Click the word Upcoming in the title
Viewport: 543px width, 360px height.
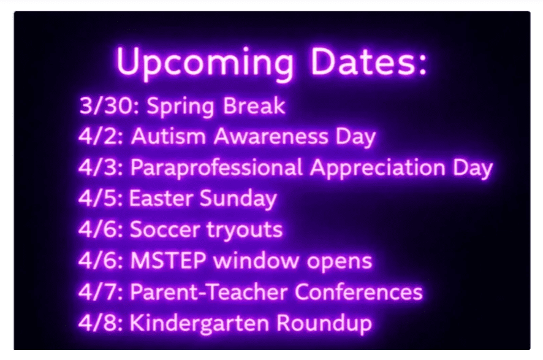click(205, 63)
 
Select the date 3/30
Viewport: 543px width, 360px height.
click(106, 105)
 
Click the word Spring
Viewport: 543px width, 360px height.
click(180, 107)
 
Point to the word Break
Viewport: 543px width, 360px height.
click(254, 105)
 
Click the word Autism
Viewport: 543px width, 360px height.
click(169, 136)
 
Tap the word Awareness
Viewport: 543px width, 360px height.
click(271, 136)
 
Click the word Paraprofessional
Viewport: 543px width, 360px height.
click(216, 169)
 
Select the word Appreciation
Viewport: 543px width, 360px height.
click(378, 169)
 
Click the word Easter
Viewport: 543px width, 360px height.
click(161, 198)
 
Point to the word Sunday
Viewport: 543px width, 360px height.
click(238, 199)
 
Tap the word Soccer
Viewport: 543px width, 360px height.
click(165, 229)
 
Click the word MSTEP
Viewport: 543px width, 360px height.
click(169, 261)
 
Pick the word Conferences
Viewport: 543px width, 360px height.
click(359, 292)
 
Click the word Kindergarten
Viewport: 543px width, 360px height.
click(199, 324)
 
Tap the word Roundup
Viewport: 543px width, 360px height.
click(324, 324)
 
